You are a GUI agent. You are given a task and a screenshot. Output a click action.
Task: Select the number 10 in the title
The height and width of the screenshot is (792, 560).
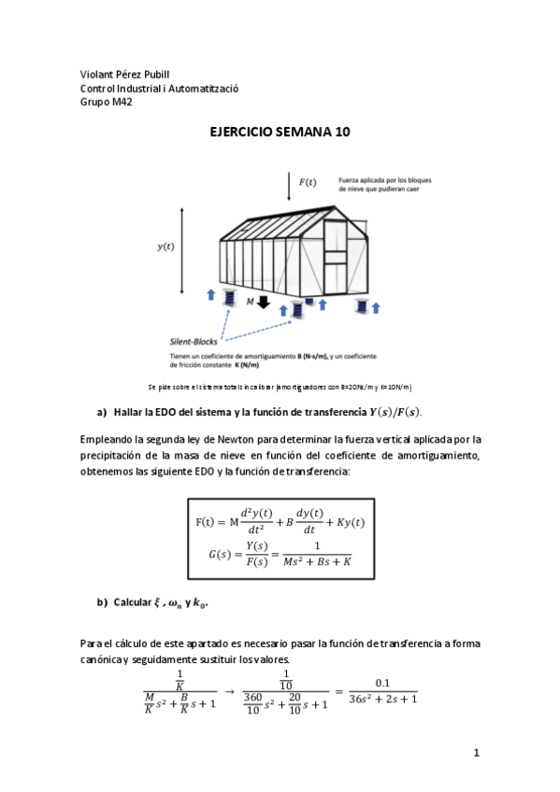coord(340,133)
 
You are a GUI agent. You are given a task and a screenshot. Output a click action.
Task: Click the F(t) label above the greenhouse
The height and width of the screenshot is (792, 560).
coord(307,181)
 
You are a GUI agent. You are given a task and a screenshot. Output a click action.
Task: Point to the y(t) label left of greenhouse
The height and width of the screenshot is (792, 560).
coord(165,247)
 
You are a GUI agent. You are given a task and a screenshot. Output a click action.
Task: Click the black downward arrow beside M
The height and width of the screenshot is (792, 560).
coord(263,302)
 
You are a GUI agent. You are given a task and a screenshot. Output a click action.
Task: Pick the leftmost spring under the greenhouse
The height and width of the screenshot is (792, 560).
coord(228,297)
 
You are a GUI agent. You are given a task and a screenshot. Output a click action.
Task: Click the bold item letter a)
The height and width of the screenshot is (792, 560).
coord(103,412)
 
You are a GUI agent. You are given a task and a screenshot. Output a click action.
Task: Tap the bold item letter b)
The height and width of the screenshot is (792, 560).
coord(103,601)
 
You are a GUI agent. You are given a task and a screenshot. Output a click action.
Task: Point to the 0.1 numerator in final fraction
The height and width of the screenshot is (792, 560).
coord(382,682)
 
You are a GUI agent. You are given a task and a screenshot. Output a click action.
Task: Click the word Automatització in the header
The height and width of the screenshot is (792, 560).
coord(204,89)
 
